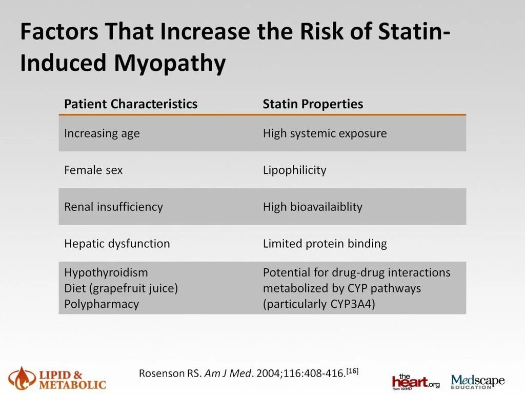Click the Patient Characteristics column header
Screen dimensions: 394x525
pyautogui.click(x=130, y=104)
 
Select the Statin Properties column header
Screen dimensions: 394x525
pyautogui.click(x=313, y=104)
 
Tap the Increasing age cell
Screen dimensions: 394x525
pyautogui.click(x=102, y=133)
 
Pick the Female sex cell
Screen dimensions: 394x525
pyautogui.click(x=93, y=170)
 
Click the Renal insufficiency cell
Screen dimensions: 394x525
pyautogui.click(x=113, y=207)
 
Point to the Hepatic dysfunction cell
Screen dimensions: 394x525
pyautogui.click(x=117, y=244)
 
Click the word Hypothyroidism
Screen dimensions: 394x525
pyautogui.click(x=106, y=272)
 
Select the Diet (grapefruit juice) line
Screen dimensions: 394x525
pyautogui.click(x=121, y=288)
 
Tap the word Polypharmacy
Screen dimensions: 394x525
pyautogui.click(x=102, y=304)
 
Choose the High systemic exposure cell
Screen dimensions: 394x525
pyautogui.click(x=325, y=133)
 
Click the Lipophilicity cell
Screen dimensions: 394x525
pyautogui.click(x=294, y=170)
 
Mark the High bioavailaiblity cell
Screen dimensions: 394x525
pyautogui.click(x=312, y=207)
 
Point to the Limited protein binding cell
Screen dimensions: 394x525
pyautogui.click(x=325, y=244)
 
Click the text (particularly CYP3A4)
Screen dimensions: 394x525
pyautogui.click(x=319, y=304)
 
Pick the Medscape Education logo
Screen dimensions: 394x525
pyautogui.click(x=478, y=381)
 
